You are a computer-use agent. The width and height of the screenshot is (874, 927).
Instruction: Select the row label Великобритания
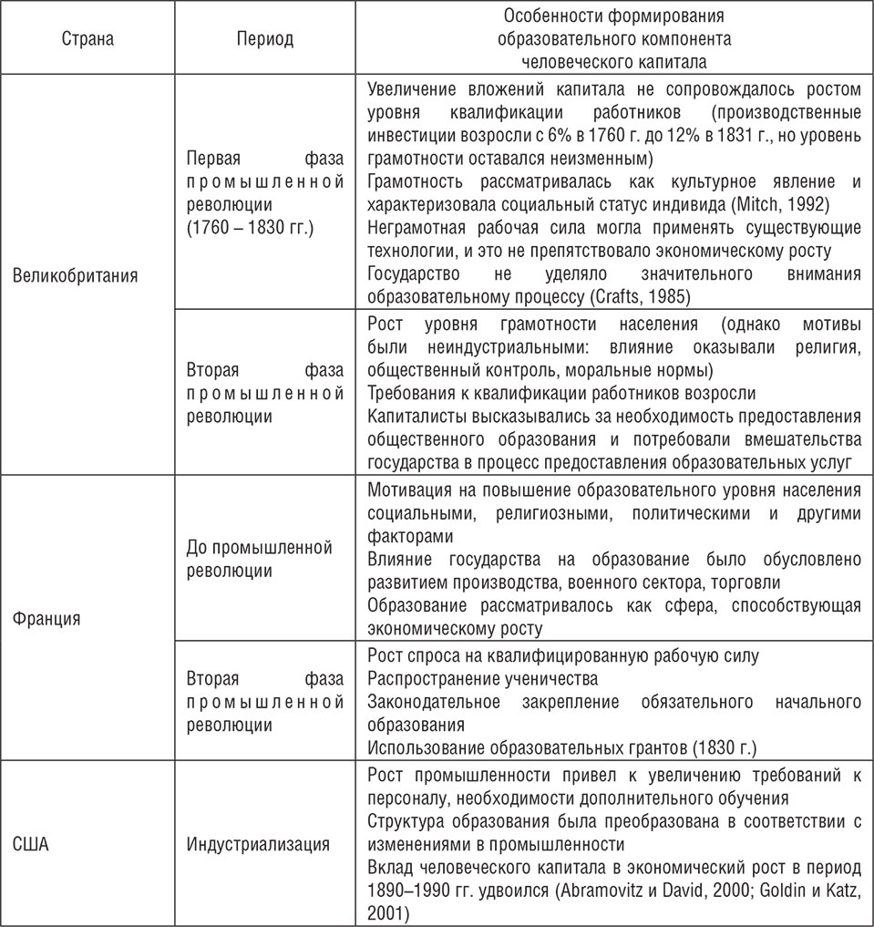click(x=76, y=276)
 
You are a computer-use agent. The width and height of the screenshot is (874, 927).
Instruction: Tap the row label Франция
click(x=47, y=618)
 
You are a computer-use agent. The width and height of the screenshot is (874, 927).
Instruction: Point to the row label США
click(x=32, y=842)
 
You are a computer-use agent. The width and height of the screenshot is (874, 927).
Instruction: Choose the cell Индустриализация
click(x=258, y=842)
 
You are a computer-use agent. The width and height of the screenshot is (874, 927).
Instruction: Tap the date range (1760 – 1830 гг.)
click(x=249, y=223)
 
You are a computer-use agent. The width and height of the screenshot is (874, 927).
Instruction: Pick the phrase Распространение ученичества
click(x=483, y=679)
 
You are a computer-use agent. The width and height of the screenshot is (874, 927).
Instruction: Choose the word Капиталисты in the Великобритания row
click(x=415, y=416)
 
